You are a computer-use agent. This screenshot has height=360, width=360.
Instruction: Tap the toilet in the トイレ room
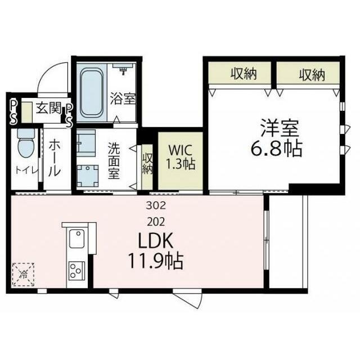click(x=25, y=145)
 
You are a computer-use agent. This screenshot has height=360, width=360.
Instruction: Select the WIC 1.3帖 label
click(x=180, y=157)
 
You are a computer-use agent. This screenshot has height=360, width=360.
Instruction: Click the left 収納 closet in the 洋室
click(x=240, y=73)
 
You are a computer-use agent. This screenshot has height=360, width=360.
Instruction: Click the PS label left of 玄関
click(x=12, y=111)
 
